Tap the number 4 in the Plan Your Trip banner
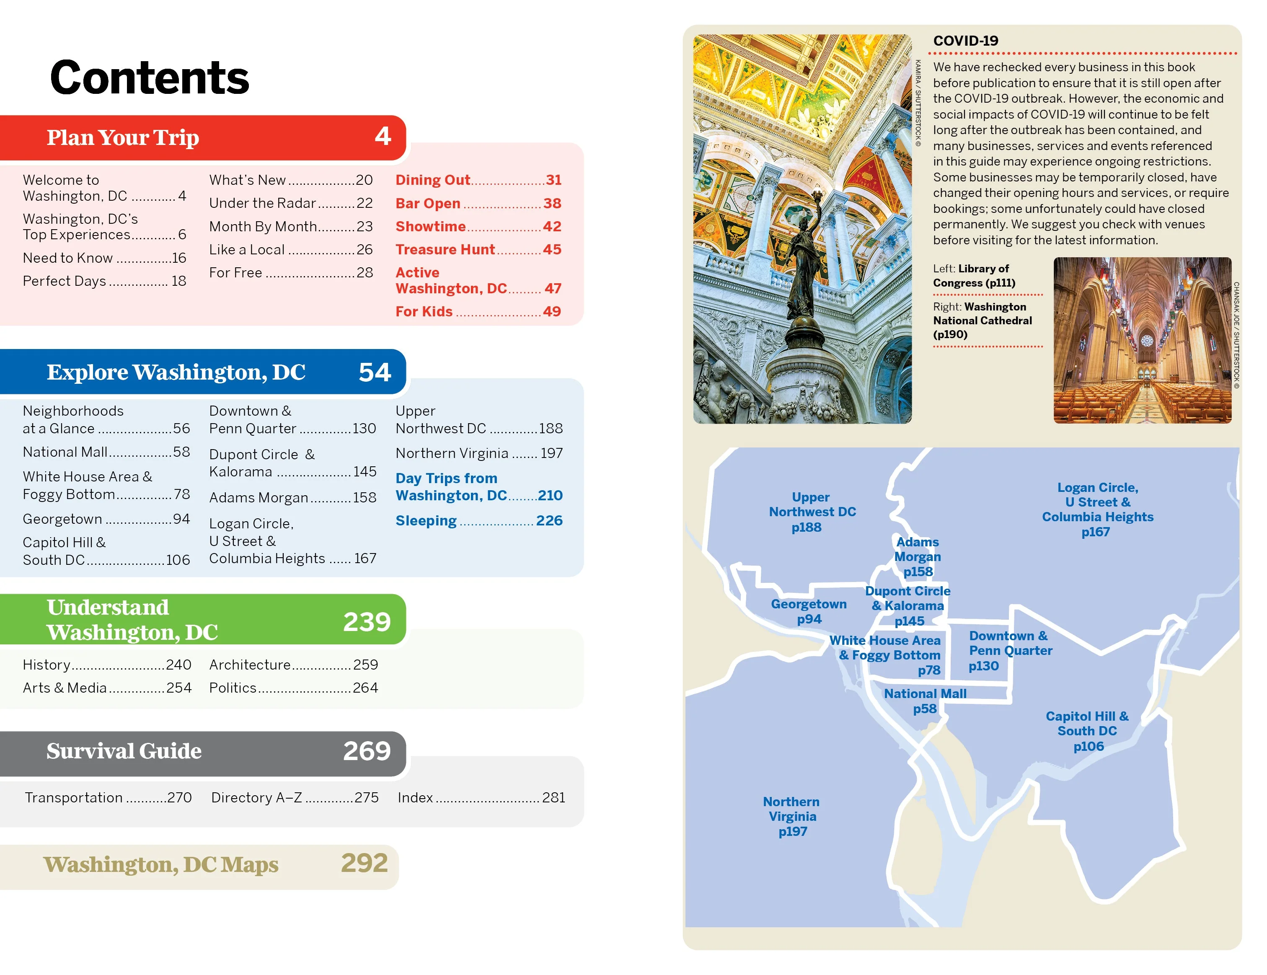click(x=382, y=136)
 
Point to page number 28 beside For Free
click(x=365, y=273)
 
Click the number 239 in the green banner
click(x=367, y=622)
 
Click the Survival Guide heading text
click(x=124, y=751)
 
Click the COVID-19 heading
click(x=965, y=41)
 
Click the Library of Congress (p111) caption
click(x=974, y=276)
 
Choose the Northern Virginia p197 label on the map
click(x=792, y=817)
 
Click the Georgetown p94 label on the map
click(x=809, y=611)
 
